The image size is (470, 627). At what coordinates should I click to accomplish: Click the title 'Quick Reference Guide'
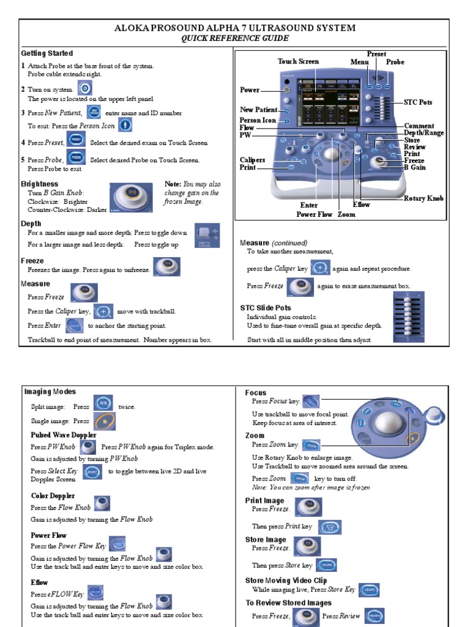tap(235, 39)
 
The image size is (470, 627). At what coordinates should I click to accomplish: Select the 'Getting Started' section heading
tap(47, 53)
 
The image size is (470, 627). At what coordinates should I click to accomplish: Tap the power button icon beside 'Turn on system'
tap(84, 89)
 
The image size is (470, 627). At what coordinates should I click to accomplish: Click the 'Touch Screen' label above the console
tap(298, 61)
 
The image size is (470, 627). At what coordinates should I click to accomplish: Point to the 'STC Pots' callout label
tap(418, 102)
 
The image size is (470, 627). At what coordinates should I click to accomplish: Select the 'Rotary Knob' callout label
tap(423, 198)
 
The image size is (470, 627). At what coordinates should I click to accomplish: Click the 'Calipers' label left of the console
tap(252, 160)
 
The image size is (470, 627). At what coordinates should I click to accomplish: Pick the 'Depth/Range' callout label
tap(423, 133)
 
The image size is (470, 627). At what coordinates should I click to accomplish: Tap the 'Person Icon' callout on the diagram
tap(258, 121)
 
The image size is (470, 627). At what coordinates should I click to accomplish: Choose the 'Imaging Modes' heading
tap(50, 391)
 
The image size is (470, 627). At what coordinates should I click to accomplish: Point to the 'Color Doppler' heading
tap(53, 495)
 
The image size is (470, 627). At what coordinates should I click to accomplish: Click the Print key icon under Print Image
tap(330, 527)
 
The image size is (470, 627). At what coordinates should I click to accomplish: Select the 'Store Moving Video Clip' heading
tap(286, 580)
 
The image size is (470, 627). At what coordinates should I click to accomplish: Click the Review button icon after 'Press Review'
tap(375, 615)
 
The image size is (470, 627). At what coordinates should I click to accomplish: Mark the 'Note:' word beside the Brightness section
tap(173, 184)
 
